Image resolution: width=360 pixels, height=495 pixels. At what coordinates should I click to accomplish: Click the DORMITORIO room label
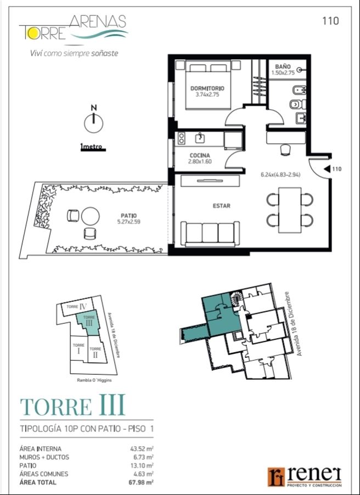click(x=207, y=88)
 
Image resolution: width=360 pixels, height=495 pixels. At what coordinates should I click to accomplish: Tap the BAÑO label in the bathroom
click(x=283, y=67)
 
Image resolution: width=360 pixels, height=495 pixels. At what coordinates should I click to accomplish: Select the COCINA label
click(x=200, y=155)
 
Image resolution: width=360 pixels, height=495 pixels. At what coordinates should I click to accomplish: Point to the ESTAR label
click(x=221, y=206)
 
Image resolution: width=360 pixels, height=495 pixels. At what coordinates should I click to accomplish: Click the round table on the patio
click(x=91, y=216)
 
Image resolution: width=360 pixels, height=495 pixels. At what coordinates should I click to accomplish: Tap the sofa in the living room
click(x=210, y=234)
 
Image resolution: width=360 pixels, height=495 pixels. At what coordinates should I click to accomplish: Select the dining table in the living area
click(x=290, y=210)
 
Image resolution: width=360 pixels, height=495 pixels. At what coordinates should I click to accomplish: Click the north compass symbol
click(x=94, y=121)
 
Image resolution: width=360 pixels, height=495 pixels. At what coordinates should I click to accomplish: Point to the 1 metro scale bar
click(x=93, y=149)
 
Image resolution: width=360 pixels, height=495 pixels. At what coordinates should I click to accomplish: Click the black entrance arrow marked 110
click(x=328, y=169)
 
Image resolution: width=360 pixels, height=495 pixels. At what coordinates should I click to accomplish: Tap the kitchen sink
click(x=200, y=138)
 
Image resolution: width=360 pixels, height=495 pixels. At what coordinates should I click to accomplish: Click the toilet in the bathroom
click(x=297, y=104)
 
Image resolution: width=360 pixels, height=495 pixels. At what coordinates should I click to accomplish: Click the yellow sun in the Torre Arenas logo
click(x=32, y=34)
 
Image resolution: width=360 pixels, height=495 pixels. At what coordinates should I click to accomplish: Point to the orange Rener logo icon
click(x=276, y=477)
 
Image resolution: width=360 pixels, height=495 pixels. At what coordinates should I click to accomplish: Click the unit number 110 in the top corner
click(x=330, y=21)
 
